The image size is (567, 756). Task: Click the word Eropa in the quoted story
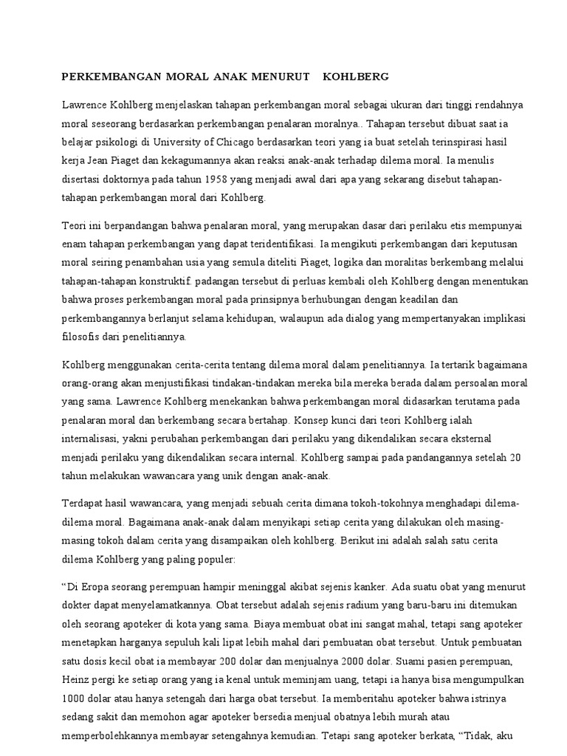coord(94,589)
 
